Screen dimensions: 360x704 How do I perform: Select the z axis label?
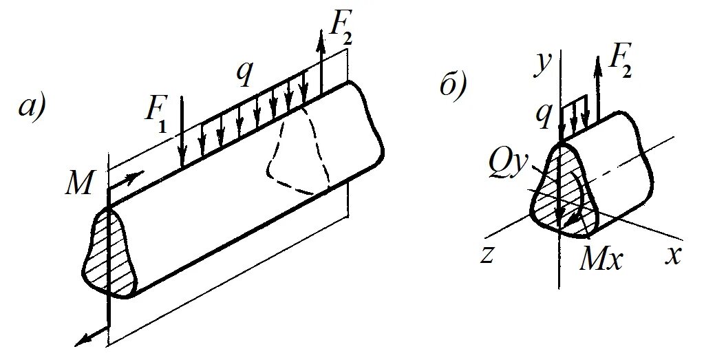tap(488, 255)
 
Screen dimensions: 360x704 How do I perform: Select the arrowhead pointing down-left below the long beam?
tap(81, 339)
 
